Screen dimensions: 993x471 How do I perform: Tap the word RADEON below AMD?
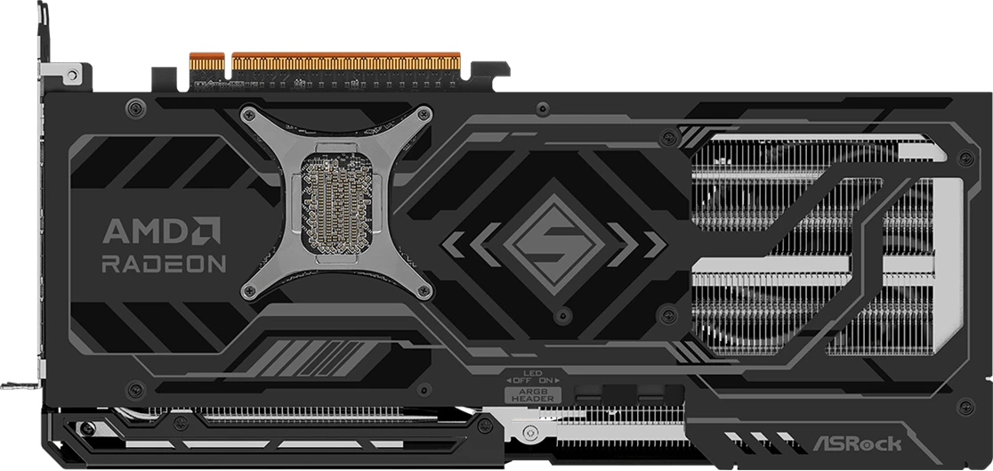(164, 264)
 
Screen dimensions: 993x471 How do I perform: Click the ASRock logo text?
(857, 443)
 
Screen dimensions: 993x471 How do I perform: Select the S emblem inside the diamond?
(553, 244)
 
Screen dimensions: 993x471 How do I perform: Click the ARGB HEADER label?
(533, 395)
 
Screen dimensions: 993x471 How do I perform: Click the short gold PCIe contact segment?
(207, 61)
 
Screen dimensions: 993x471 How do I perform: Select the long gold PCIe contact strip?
(346, 61)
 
